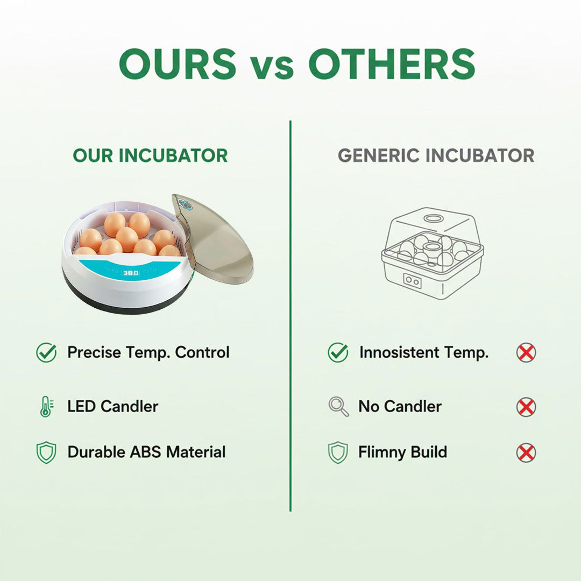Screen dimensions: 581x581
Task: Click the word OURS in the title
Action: coord(178,65)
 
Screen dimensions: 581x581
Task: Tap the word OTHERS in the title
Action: coord(392,65)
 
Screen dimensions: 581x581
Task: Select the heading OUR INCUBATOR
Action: coord(151,155)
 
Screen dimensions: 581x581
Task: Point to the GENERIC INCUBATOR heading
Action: coord(436,155)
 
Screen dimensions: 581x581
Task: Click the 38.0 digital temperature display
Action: coord(131,273)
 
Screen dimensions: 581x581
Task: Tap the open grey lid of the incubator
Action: coord(215,242)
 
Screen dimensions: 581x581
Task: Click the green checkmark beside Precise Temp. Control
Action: coord(46,353)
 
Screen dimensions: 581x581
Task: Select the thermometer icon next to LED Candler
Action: coord(46,406)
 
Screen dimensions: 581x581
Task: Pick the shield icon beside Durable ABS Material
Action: coord(46,452)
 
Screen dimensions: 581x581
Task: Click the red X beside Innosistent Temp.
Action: coord(526,353)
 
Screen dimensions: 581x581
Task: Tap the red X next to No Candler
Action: coord(526,407)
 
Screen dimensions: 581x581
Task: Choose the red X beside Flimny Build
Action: coord(526,452)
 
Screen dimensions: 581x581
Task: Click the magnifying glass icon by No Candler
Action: coord(338,407)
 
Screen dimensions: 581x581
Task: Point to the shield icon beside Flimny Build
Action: coord(338,452)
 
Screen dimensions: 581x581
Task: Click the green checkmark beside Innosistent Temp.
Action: coord(338,353)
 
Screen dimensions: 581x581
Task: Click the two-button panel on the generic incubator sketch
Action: coord(413,280)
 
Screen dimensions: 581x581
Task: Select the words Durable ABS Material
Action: coord(146,452)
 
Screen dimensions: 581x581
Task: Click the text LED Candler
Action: coord(112,406)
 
